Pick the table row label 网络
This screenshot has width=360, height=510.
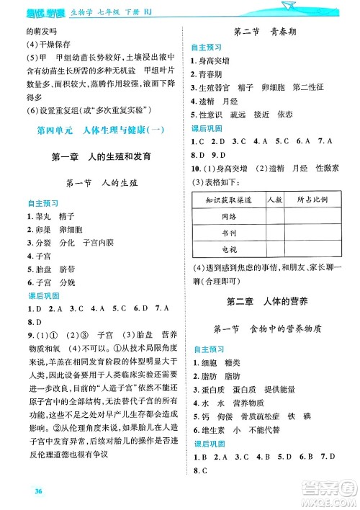pyautogui.click(x=228, y=215)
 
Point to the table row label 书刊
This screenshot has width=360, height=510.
pyautogui.click(x=228, y=232)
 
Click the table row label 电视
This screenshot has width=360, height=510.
pyautogui.click(x=228, y=249)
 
